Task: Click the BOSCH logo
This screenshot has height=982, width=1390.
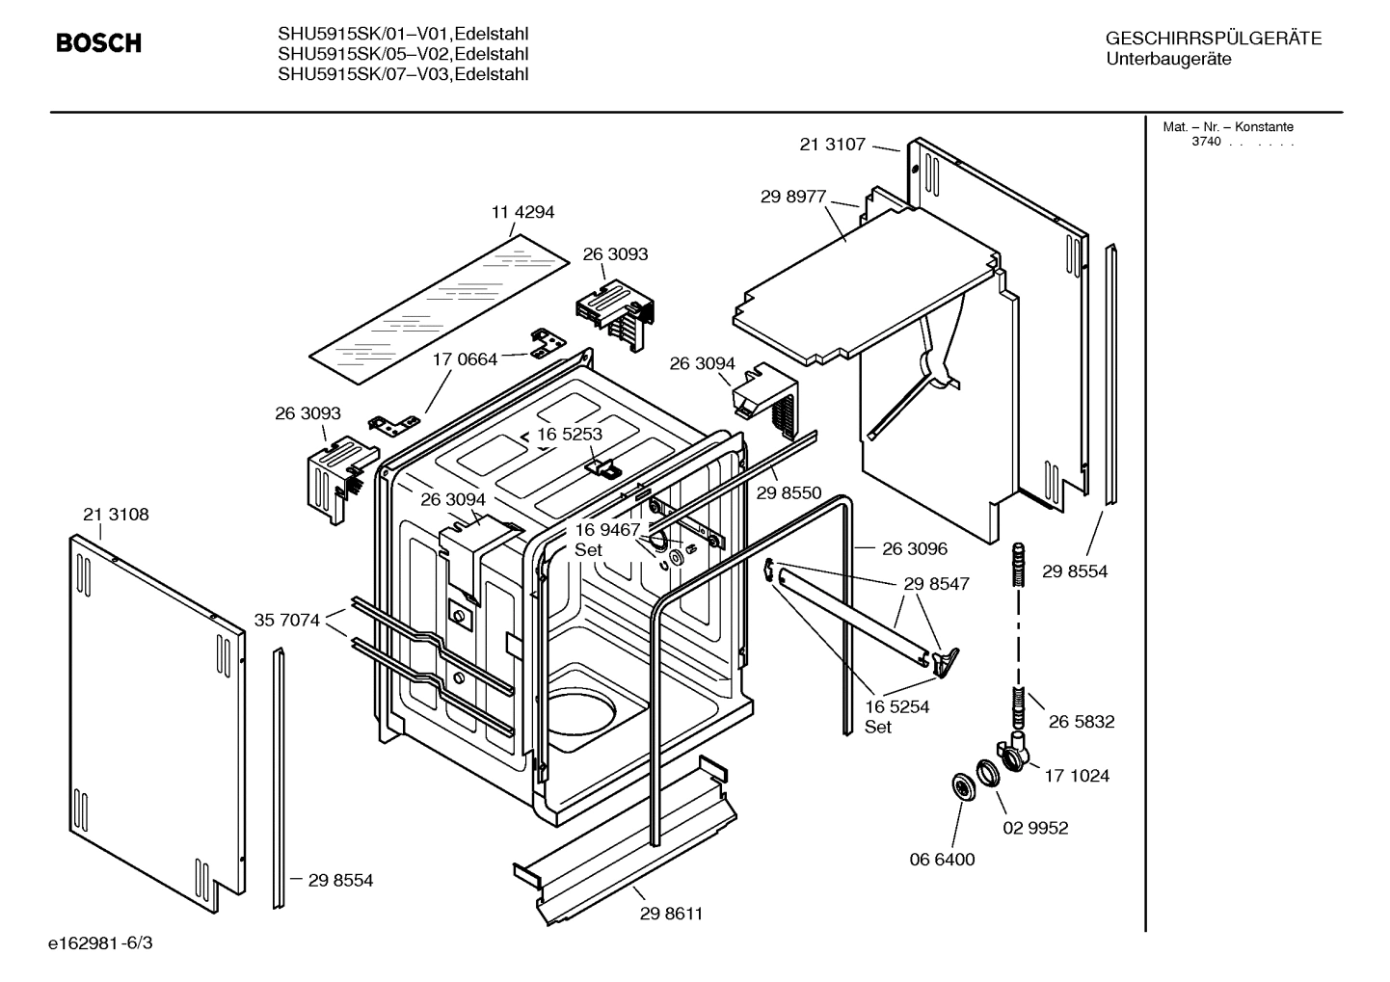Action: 98,43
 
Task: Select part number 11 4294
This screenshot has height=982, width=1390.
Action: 522,212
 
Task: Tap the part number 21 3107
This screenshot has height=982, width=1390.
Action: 833,145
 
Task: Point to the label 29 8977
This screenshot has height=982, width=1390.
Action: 793,197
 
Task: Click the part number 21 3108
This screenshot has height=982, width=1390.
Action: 116,515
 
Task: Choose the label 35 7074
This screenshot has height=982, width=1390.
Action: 286,620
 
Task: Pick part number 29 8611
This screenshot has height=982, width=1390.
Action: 671,914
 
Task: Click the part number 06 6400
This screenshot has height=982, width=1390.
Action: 943,859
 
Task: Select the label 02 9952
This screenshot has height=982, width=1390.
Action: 1036,828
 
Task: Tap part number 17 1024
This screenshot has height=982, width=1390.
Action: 1077,775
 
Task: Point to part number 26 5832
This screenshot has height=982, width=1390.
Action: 1082,721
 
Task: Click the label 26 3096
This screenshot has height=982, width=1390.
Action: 915,548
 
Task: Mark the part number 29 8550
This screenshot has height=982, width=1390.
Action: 789,492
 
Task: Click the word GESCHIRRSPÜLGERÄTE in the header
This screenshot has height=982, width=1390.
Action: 1213,39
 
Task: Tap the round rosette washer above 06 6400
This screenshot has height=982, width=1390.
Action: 961,786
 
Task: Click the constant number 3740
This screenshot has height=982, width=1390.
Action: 1205,142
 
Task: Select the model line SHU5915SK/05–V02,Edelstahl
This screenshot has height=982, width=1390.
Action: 403,54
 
